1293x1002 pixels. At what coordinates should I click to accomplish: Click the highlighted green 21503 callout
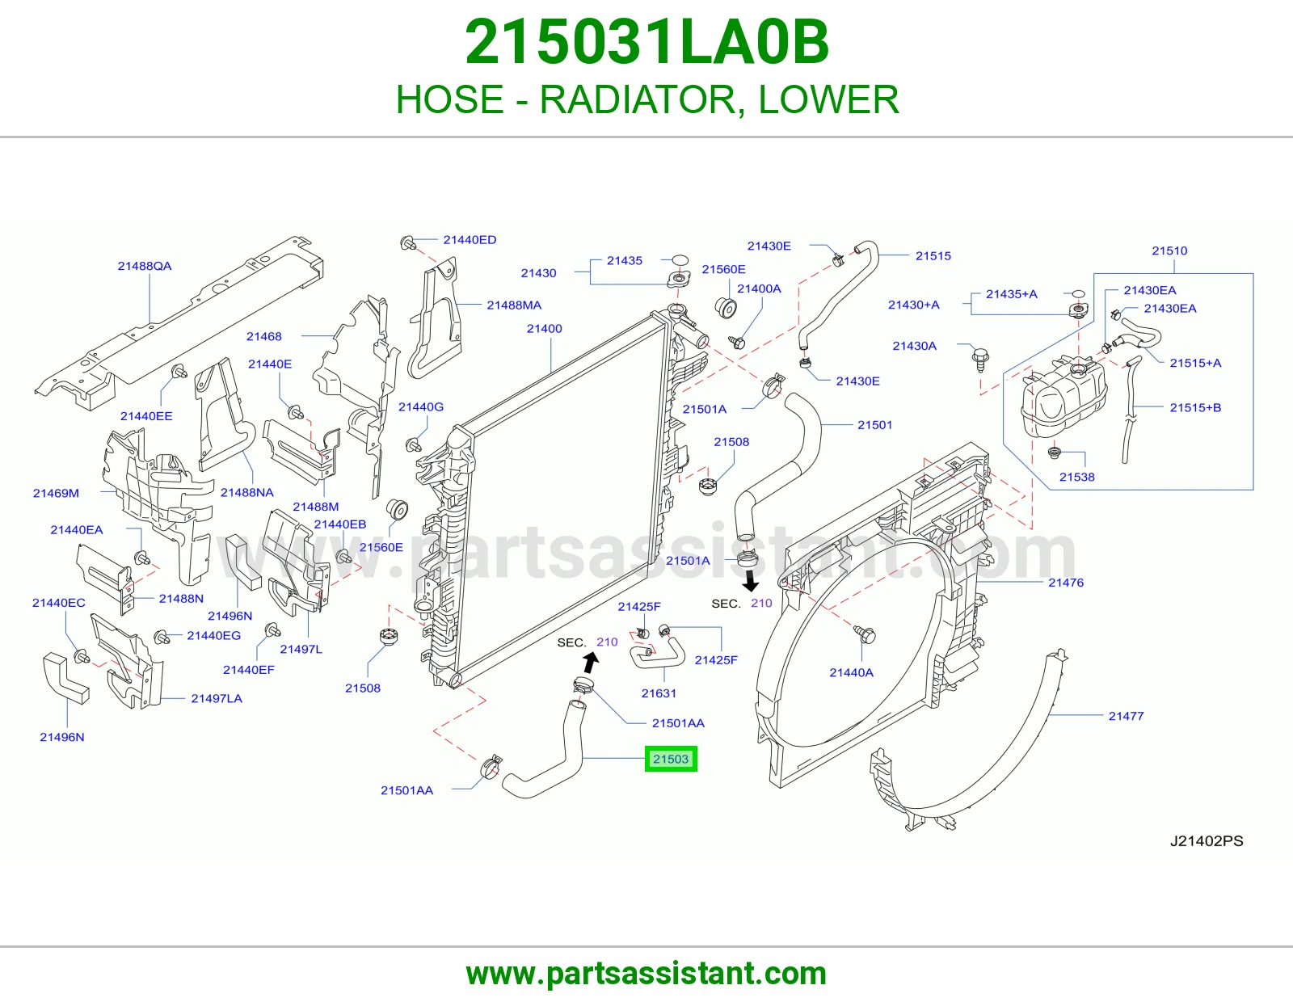pos(671,759)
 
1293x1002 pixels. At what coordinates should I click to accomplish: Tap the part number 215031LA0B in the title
pos(646,42)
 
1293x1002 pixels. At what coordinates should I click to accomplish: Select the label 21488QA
pos(145,266)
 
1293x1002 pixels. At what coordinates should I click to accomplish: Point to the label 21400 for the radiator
pos(545,328)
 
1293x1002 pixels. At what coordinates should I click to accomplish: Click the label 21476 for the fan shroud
pos(1066,583)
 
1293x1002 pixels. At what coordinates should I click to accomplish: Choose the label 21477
pos(1126,716)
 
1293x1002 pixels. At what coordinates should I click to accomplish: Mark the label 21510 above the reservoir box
pos(1169,250)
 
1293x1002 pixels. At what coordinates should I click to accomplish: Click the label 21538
pos(1077,477)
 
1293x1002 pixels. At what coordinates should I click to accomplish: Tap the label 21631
pos(659,693)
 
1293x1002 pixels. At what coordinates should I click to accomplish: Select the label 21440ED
pos(470,240)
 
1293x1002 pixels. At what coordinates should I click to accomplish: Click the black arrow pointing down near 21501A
pos(751,581)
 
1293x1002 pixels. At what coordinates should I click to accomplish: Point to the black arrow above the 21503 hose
pos(591,663)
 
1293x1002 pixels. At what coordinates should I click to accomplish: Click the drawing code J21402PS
pos(1207,840)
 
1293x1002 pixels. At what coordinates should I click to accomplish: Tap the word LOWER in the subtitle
pos(828,99)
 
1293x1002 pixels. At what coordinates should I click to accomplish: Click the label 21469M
pos(56,493)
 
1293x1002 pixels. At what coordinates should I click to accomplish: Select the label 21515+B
pos(1195,407)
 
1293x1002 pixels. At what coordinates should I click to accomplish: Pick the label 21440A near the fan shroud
pos(852,672)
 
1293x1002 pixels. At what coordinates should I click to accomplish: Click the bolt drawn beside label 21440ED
pos(408,242)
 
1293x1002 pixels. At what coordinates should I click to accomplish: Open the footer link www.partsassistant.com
pos(646,974)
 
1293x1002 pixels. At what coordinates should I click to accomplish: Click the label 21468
pos(263,336)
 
